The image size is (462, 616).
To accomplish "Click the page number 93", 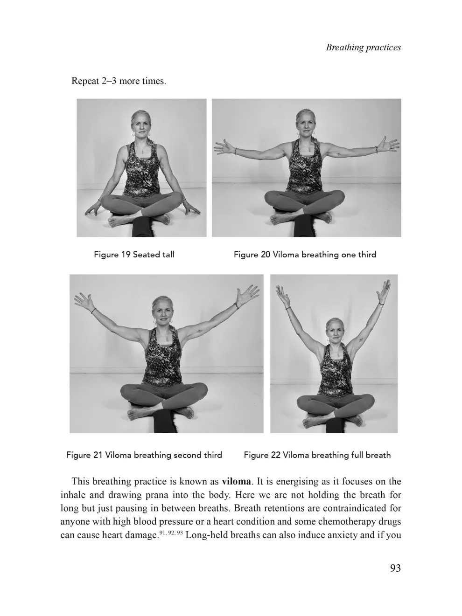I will tap(395, 568).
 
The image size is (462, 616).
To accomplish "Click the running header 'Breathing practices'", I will tap(363, 48).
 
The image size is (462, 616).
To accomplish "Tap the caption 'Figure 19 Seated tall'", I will tap(134, 255).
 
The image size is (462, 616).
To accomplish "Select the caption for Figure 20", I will tap(305, 255).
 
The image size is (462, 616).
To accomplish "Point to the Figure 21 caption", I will tap(144, 455).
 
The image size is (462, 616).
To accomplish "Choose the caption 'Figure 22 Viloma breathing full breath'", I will tap(317, 455).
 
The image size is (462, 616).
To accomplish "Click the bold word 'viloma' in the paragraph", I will tap(236, 481).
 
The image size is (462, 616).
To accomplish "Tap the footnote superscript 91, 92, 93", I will tap(170, 532).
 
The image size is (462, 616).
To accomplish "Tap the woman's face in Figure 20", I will tap(306, 125).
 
